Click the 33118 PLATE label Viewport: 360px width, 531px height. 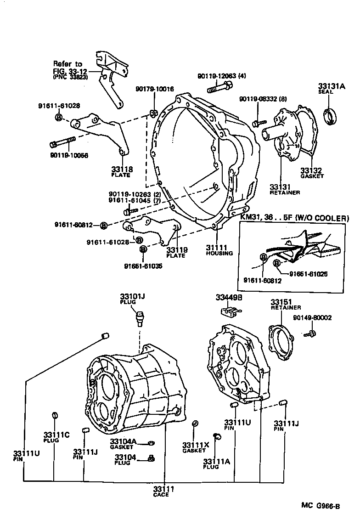tap(122, 171)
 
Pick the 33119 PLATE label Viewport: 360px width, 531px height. tap(177, 252)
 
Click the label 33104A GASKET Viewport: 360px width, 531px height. tap(123, 444)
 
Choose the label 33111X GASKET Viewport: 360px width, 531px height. tap(195, 447)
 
